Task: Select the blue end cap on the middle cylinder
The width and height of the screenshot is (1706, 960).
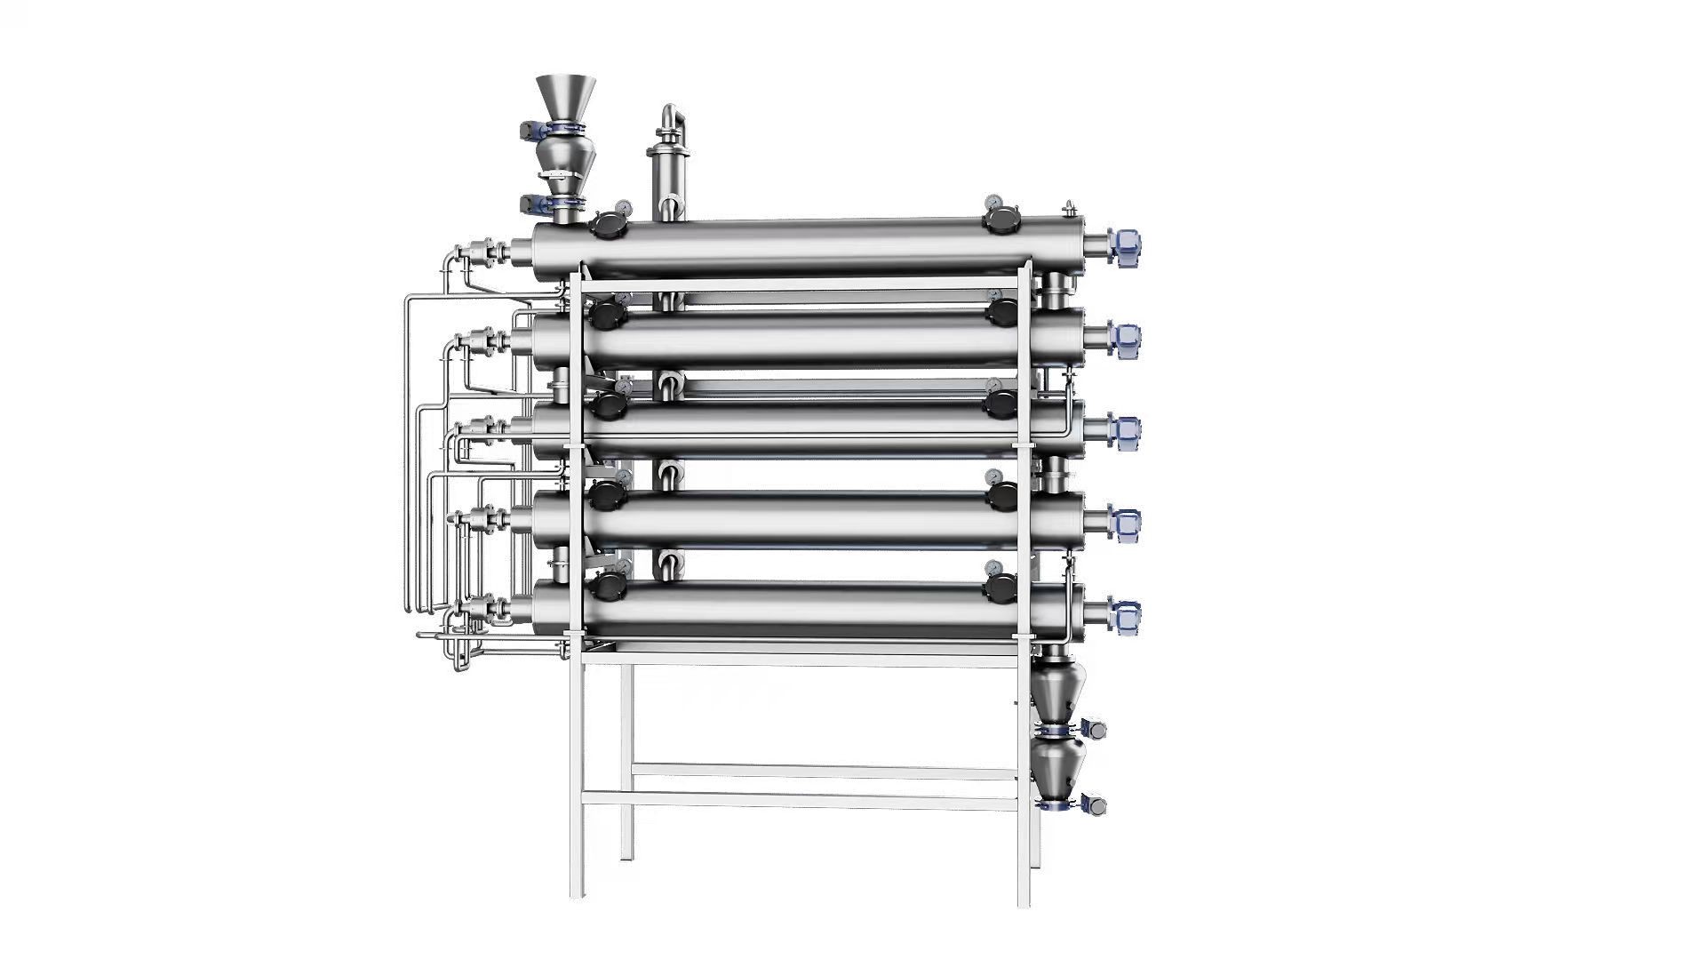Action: [1125, 431]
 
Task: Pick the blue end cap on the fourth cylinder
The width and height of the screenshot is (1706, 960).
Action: [1125, 524]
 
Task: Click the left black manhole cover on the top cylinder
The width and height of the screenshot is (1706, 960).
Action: [609, 226]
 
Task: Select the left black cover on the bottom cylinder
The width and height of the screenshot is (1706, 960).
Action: [609, 588]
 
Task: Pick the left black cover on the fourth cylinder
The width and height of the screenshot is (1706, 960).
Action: [609, 494]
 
